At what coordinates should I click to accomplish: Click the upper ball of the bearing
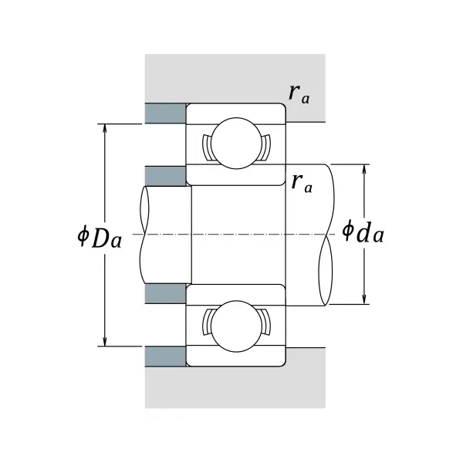(235, 142)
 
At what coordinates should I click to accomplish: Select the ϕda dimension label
(362, 231)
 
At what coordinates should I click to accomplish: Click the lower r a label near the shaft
(302, 183)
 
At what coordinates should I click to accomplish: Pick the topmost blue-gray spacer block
(165, 113)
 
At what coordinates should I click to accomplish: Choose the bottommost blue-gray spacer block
(165, 357)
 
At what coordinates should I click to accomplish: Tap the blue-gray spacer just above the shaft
(165, 176)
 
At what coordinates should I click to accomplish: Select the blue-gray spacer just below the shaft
(165, 293)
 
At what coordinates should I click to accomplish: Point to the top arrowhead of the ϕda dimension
(364, 169)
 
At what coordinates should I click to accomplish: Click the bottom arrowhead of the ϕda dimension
(364, 299)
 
